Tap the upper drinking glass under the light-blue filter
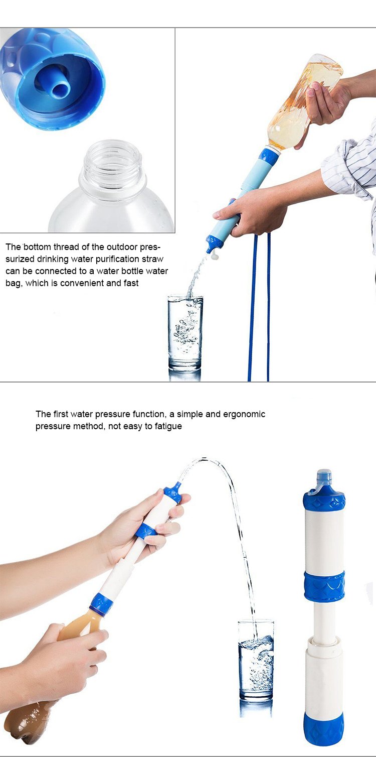coord(185,332)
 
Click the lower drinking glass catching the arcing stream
coord(256,659)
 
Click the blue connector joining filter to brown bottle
coord(101,603)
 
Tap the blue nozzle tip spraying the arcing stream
coord(176,487)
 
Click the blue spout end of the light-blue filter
coord(213,245)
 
